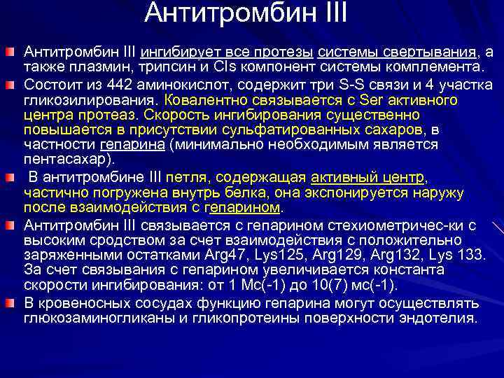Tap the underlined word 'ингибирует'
coord(174,52)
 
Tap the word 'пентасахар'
coord(64,160)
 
